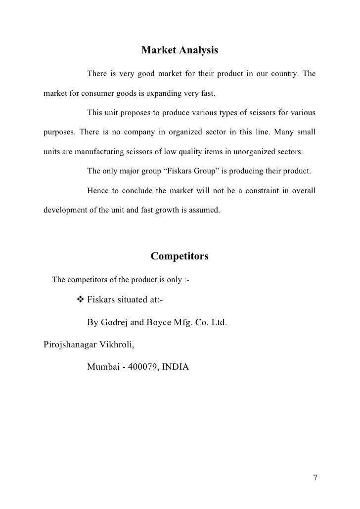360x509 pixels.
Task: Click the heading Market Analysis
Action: (x=180, y=50)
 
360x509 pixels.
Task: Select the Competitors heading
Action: (x=180, y=256)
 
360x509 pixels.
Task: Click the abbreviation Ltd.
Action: (x=218, y=323)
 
